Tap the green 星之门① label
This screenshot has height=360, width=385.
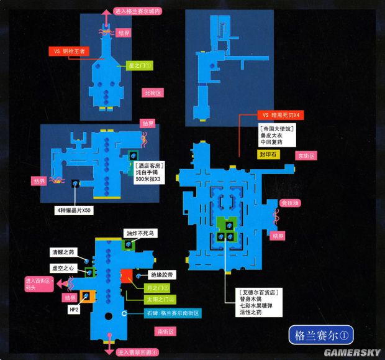pyautogui.click(x=139, y=64)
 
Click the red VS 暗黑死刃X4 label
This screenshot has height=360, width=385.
pyautogui.click(x=280, y=116)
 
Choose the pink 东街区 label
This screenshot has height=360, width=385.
pyautogui.click(x=306, y=155)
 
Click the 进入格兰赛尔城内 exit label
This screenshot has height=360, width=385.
pyautogui.click(x=138, y=11)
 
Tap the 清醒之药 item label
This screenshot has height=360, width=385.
pyautogui.click(x=63, y=252)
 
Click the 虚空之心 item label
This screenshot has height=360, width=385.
pyautogui.click(x=63, y=269)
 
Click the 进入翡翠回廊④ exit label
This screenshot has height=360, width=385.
pyautogui.click(x=137, y=353)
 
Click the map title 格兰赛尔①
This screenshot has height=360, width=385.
pyautogui.click(x=315, y=335)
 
